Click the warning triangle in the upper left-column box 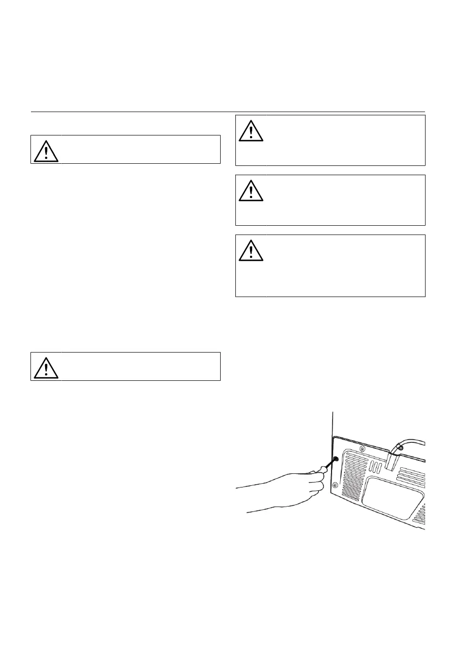coord(46,151)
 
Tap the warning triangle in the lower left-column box coord(46,368)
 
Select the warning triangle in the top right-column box coord(251,130)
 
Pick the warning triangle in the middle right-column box coord(251,190)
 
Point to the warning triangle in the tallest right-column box coord(251,249)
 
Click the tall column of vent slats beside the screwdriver coord(353,473)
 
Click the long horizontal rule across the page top coord(228,112)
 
